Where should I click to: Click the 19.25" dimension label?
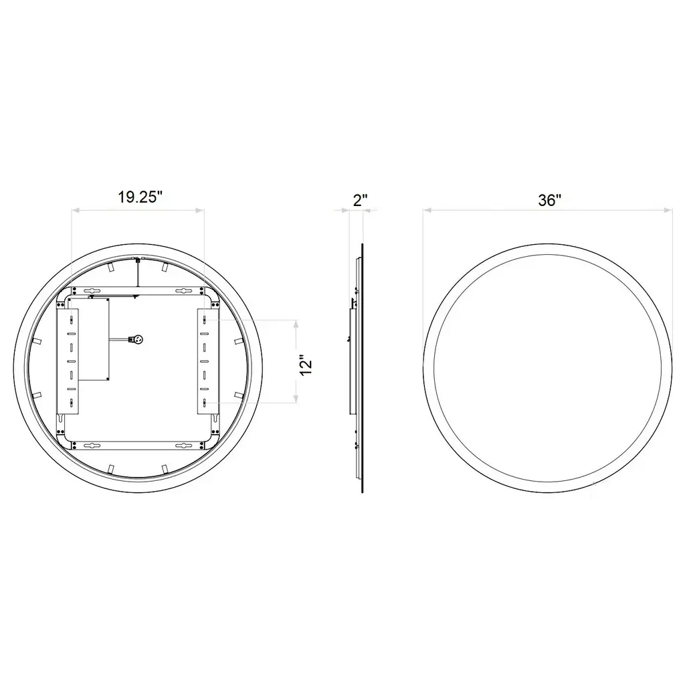tap(140, 197)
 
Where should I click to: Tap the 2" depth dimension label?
tap(361, 200)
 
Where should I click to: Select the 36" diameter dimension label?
tap(550, 200)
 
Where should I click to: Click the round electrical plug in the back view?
tap(138, 339)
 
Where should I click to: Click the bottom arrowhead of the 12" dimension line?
tap(296, 398)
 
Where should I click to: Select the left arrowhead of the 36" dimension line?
tap(427, 211)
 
